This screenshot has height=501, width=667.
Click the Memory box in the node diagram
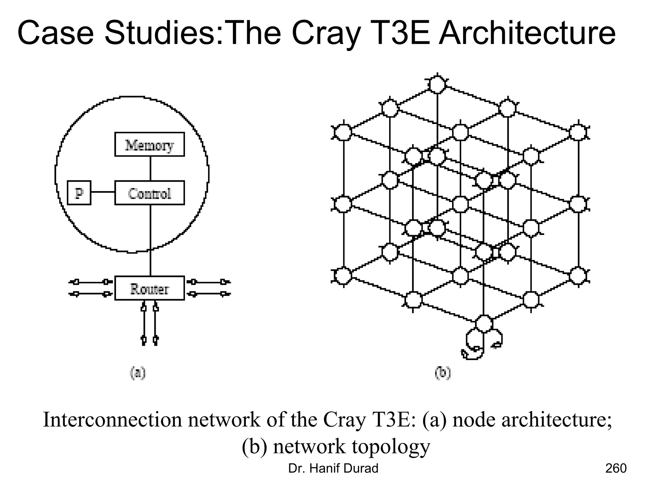[149, 144]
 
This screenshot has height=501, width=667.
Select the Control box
[149, 193]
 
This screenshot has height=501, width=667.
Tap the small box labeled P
[79, 193]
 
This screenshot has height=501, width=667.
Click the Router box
[149, 288]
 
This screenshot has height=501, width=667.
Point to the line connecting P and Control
[103, 192]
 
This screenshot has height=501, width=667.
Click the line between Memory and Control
[150, 168]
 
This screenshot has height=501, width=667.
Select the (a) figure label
[138, 373]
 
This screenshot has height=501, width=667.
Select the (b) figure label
[443, 373]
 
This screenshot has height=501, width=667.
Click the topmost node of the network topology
[437, 84]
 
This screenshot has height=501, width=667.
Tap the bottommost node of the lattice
[484, 324]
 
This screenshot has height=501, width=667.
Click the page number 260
[616, 468]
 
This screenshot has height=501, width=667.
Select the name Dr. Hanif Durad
[333, 468]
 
